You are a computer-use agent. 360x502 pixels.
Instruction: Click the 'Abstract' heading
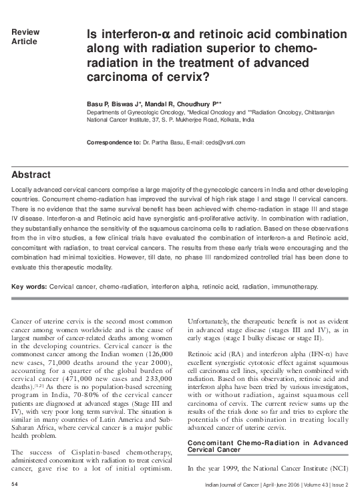click(x=31, y=175)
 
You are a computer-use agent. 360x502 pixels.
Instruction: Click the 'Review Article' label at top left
click(x=25, y=37)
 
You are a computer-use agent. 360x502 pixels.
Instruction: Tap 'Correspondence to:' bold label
click(x=114, y=143)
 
